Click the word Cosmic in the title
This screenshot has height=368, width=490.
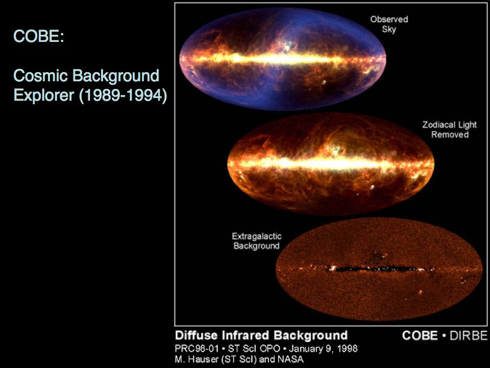coord(41,76)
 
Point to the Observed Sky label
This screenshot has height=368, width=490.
coord(389,24)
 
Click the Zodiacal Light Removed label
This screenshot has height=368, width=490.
coord(449,129)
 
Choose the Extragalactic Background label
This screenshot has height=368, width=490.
coord(257,241)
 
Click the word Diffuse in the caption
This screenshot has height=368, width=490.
coord(196,335)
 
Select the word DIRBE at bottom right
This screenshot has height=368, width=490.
coord(469,335)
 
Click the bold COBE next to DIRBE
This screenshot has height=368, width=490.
coord(420,335)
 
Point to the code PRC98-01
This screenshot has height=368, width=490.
coord(197,348)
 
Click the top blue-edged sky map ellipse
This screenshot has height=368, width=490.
coord(282,59)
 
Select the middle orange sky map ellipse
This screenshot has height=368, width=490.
coord(331,164)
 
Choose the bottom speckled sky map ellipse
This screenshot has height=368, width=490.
coord(379,269)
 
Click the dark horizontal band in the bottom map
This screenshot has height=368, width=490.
coord(375,268)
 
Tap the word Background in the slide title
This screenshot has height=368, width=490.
coord(116,76)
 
